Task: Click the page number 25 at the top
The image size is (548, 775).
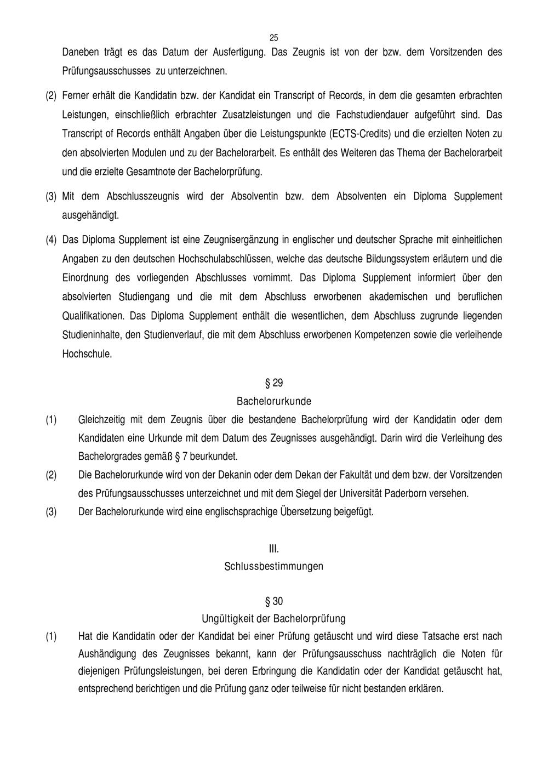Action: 274,38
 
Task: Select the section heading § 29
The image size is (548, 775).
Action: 274,383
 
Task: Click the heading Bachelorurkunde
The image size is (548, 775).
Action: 274,401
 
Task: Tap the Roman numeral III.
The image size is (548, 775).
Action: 274,548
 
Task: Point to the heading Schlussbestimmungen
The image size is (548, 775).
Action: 274,566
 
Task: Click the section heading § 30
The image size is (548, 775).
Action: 274,602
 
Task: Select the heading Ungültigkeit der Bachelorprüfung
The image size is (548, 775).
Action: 274,619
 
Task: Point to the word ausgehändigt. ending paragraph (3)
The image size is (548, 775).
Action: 90,215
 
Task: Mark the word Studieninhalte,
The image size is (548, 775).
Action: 93,335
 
